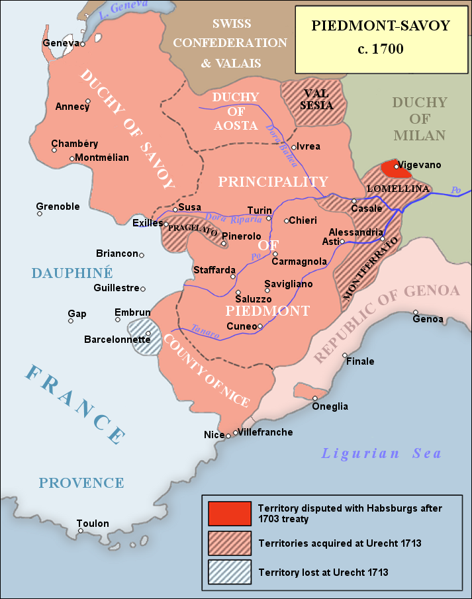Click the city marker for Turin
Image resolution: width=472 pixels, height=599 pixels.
coord(269,218)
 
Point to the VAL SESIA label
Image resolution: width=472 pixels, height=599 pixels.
coord(316,99)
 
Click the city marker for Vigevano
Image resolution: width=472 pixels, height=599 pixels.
coord(397,167)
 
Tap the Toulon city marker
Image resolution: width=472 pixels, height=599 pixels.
coord(79,531)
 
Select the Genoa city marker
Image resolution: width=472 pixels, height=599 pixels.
coord(416,312)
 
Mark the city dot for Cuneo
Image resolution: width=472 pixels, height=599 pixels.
coord(260,326)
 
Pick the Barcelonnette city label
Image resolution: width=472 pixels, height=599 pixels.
coord(117,340)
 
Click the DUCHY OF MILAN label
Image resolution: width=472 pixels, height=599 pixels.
coord(419,119)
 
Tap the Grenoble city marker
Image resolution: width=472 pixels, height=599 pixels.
coord(40,213)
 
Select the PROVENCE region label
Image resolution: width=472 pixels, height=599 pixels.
coord(81,483)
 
